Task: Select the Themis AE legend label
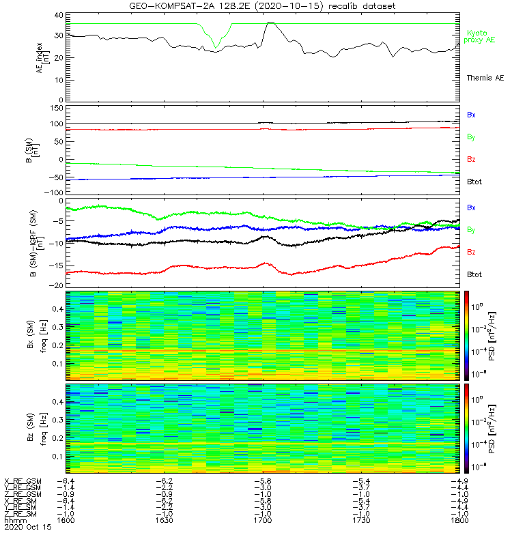click(x=485, y=78)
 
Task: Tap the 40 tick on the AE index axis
click(x=59, y=14)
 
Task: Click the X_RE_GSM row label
click(x=23, y=482)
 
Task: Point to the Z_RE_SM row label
click(x=22, y=513)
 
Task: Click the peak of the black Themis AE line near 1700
click(x=270, y=23)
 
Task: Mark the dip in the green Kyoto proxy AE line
click(x=216, y=47)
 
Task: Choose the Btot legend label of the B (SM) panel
click(x=476, y=182)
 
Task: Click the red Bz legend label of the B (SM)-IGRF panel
click(x=472, y=252)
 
